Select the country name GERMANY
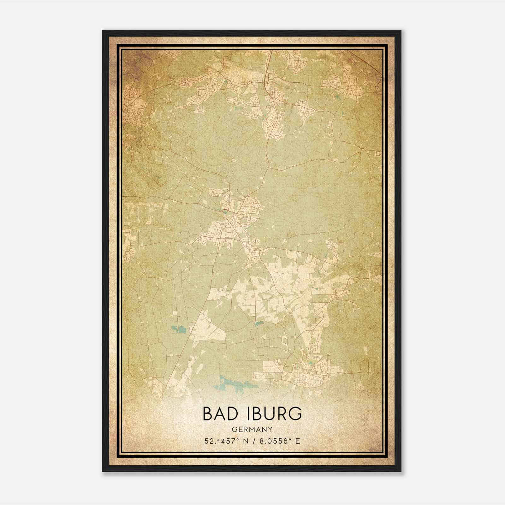[252, 430]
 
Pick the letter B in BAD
[207, 414]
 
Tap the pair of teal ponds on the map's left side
[179, 330]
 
